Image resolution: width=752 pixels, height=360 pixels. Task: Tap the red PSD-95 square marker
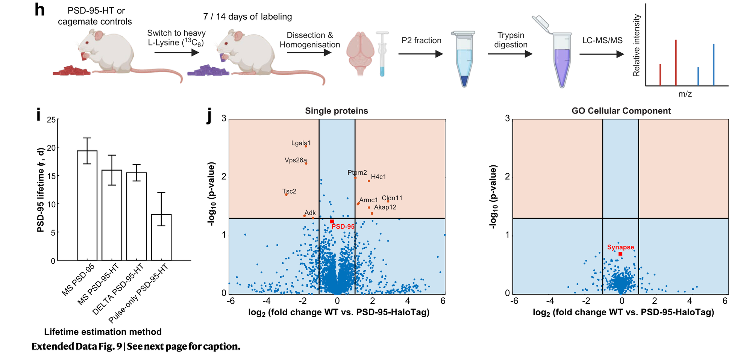(332, 222)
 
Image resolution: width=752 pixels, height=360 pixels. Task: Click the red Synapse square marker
(620, 254)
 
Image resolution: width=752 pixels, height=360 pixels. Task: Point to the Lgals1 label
(301, 143)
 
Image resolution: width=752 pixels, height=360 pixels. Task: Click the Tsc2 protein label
(290, 191)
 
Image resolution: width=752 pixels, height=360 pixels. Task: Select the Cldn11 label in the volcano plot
(392, 198)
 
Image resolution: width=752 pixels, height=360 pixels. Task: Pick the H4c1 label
(378, 177)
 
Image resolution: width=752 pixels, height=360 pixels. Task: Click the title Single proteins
(336, 111)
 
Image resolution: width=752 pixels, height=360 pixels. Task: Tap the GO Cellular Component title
(621, 111)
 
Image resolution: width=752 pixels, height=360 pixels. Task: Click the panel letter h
(39, 10)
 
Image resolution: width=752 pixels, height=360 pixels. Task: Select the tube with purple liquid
(561, 64)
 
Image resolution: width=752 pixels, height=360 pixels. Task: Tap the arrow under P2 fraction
(421, 54)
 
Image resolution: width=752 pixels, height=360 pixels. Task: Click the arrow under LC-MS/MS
(602, 54)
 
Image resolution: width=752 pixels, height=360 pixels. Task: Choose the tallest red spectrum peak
(676, 62)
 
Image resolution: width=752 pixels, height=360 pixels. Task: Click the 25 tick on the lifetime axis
(51, 120)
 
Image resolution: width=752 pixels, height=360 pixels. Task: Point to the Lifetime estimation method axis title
(103, 332)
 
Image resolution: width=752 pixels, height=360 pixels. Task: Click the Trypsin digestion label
(511, 40)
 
